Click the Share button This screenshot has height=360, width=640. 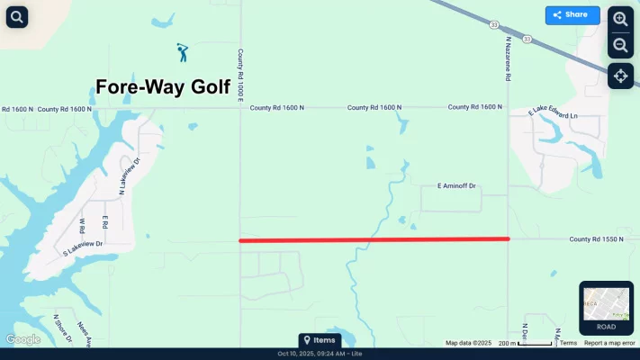tap(572, 15)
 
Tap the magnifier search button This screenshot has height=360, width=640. tap(17, 16)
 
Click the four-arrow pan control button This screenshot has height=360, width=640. tap(620, 76)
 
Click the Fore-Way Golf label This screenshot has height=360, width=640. tap(163, 87)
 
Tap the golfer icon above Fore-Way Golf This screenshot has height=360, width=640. tap(183, 52)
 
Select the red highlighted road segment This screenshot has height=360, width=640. tap(374, 239)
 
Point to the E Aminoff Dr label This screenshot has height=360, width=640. tap(456, 186)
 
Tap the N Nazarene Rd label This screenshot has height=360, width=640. tap(508, 59)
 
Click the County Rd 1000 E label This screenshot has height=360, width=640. tap(241, 75)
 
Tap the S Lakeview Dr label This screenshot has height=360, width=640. tap(83, 248)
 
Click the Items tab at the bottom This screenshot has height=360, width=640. tap(320, 340)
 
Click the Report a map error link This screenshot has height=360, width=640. tap(609, 343)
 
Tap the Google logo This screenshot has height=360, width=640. tap(23, 339)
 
